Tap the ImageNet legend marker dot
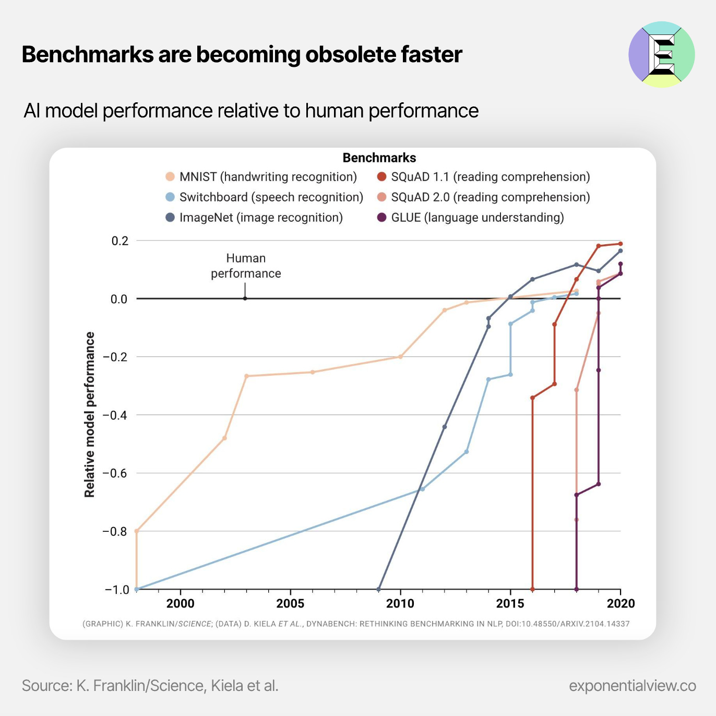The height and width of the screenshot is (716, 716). point(170,218)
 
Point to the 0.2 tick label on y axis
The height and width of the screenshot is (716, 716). point(120,241)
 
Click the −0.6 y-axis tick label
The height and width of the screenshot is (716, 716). point(115,473)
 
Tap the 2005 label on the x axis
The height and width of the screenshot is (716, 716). point(290,604)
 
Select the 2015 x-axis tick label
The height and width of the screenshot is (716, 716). point(510,604)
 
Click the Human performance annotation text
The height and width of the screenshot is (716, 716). point(246,266)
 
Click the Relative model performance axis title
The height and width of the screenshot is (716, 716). point(90,414)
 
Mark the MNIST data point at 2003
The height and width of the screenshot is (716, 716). point(246,376)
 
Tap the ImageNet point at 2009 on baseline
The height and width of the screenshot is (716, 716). point(379,589)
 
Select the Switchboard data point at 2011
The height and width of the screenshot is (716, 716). point(423,489)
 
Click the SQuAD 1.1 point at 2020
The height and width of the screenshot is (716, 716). point(620,244)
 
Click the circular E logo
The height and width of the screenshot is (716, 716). point(662,54)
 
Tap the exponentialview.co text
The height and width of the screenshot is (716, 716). point(632,686)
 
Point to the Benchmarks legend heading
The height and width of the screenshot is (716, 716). point(379,158)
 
